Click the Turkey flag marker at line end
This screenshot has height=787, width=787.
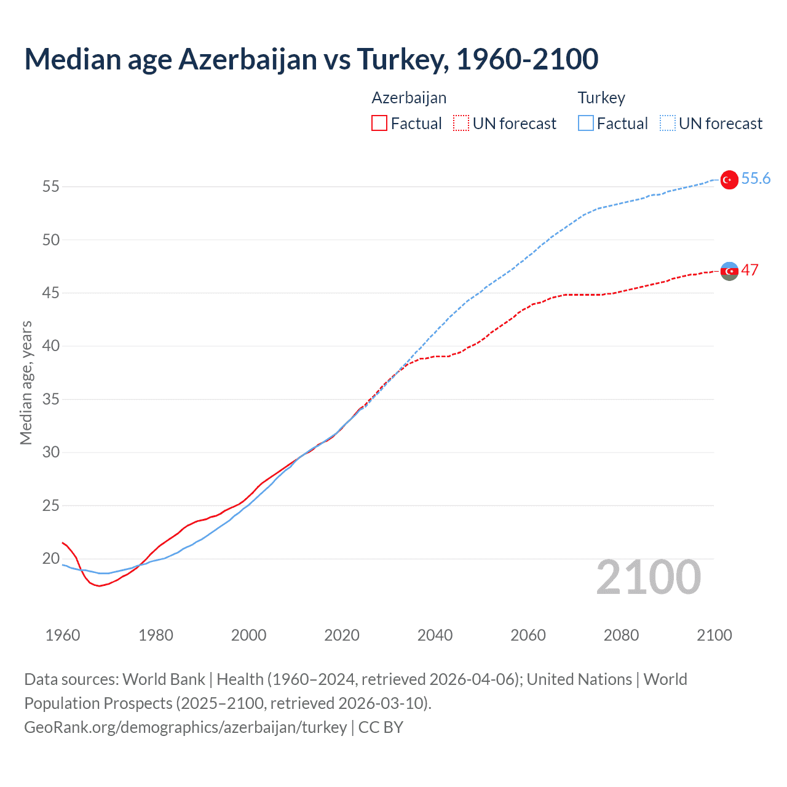tap(729, 180)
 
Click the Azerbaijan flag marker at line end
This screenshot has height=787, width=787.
tap(729, 271)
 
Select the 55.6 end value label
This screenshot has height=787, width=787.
tap(756, 178)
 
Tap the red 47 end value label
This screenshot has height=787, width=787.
tap(749, 270)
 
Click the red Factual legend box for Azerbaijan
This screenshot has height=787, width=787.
tap(379, 124)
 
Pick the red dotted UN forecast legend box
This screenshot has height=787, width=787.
tap(461, 124)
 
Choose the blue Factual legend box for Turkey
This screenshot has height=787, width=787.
tap(585, 124)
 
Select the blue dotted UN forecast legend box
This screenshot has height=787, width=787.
tap(667, 124)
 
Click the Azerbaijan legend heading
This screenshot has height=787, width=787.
tap(409, 98)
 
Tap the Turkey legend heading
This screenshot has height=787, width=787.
tap(601, 98)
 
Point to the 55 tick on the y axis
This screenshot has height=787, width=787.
tap(51, 186)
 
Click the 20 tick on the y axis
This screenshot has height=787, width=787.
tap(51, 559)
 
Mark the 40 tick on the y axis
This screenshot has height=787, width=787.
tap(51, 346)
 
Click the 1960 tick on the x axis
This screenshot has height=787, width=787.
tap(63, 635)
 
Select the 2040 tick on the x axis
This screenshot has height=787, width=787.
tap(435, 635)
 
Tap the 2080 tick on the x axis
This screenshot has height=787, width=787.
tap(621, 635)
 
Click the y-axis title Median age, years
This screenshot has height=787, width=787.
tap(26, 382)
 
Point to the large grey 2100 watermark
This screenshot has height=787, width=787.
tap(648, 577)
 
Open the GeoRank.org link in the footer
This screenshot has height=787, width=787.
tap(185, 727)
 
